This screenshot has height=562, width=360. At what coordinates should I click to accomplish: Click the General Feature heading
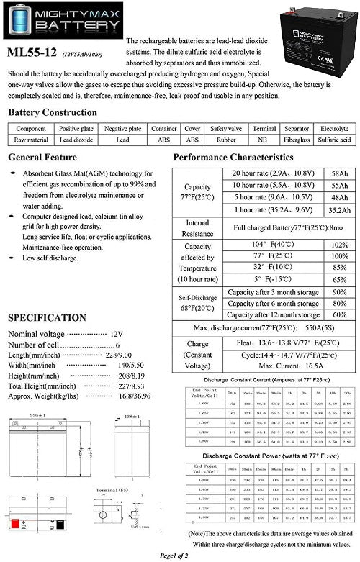[x=42, y=158]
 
